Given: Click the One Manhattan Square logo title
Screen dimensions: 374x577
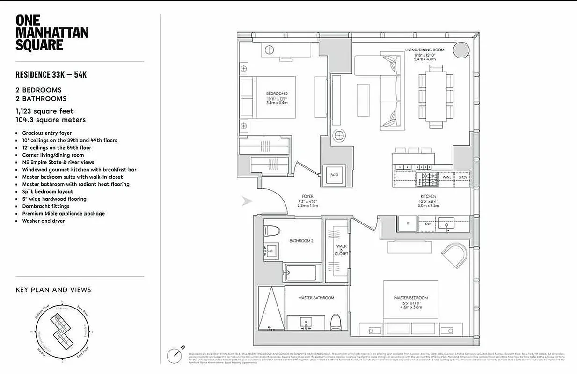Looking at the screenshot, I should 51,33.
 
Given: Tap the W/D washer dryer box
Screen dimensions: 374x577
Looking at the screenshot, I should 334,175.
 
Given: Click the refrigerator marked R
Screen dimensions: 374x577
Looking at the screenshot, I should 408,224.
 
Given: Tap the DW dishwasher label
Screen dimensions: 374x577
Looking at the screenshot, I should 427,224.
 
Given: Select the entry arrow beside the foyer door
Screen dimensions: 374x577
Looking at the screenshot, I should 247,201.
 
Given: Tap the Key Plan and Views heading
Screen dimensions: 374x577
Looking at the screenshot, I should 53,290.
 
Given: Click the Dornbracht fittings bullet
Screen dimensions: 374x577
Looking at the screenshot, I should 45,206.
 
